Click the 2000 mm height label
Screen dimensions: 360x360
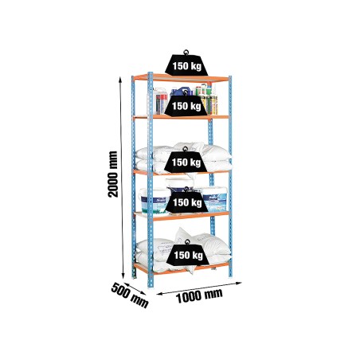pyautogui.click(x=113, y=174)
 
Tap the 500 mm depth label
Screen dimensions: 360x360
pyautogui.click(x=130, y=295)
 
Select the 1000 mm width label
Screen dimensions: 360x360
pyautogui.click(x=199, y=295)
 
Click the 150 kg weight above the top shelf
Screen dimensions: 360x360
pyautogui.click(x=186, y=63)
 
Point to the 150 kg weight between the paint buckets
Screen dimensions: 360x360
pyautogui.click(x=187, y=202)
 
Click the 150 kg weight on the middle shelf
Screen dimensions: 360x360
pyautogui.click(x=186, y=161)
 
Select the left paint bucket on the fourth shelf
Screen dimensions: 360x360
pyautogui.click(x=154, y=201)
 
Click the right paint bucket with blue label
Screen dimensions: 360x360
pyautogui.click(x=214, y=199)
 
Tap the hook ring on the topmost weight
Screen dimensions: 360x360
pyautogui.click(x=186, y=52)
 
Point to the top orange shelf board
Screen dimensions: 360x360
pyautogui.click(x=181, y=78)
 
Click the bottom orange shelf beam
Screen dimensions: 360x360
pyautogui.click(x=182, y=268)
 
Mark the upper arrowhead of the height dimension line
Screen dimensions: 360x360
pyautogui.click(x=120, y=80)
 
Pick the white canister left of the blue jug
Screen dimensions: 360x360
pyautogui.click(x=160, y=101)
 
